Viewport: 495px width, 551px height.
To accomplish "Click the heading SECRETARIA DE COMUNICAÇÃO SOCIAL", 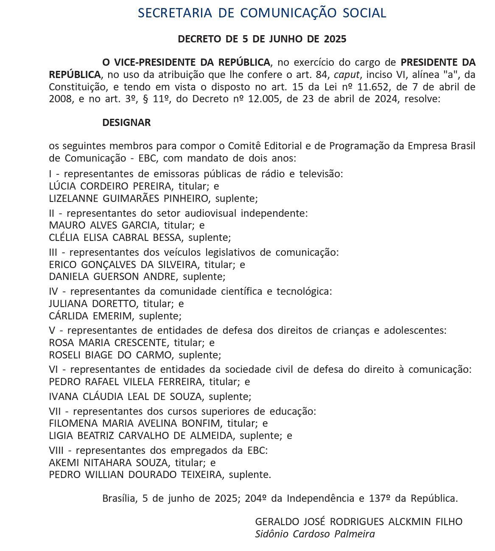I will point(262,13).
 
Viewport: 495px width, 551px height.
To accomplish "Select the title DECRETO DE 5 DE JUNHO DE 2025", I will point(262,39).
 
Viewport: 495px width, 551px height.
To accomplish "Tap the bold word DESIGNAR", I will point(126,123).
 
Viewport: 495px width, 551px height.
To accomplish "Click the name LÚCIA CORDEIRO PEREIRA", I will point(111,186).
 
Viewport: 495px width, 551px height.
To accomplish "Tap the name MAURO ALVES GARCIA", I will point(103,225).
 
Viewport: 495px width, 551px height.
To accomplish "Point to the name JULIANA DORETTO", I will point(93,304).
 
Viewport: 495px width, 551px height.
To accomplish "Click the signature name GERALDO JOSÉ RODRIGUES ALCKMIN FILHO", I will point(358,521).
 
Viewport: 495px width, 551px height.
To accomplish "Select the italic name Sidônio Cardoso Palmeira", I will point(315,534).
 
